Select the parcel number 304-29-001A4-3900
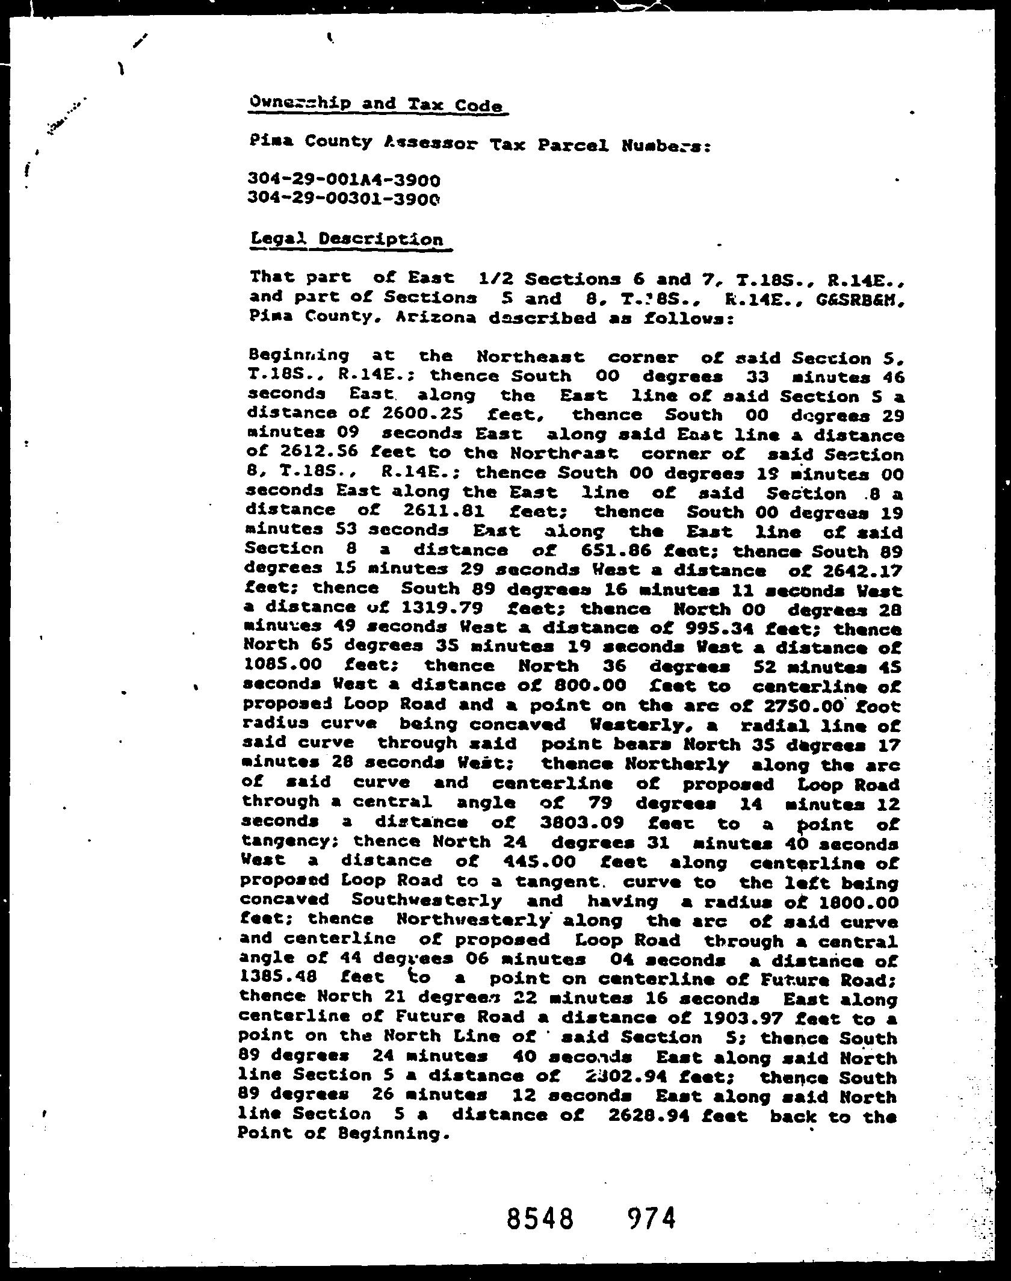click(344, 179)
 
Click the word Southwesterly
click(426, 901)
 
